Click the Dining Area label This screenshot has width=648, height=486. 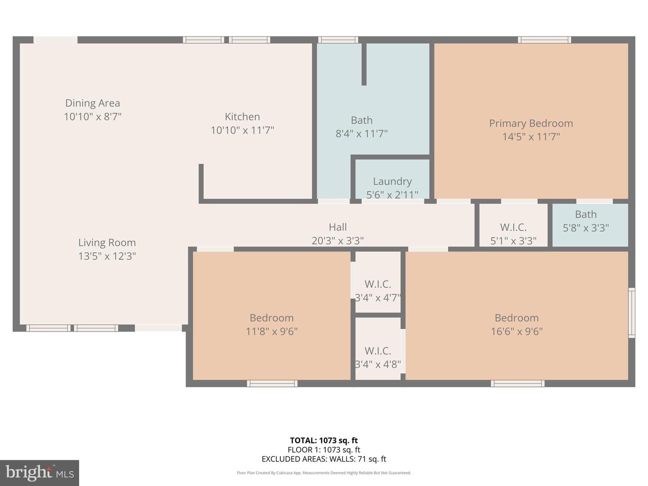(x=93, y=103)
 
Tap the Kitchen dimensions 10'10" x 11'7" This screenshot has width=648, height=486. (x=242, y=130)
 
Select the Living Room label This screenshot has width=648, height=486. (x=107, y=243)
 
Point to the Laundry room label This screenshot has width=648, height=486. (x=392, y=181)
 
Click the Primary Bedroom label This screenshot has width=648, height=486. (x=531, y=123)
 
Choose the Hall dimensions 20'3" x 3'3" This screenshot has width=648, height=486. (x=337, y=241)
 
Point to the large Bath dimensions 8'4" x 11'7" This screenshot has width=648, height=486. (x=361, y=134)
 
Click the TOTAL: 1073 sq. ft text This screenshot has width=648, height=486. (x=324, y=441)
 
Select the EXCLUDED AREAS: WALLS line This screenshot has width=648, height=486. (x=324, y=459)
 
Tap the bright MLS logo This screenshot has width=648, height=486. (x=40, y=472)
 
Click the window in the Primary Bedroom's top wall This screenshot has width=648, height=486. (x=544, y=40)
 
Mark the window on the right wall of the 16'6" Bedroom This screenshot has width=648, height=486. (x=631, y=313)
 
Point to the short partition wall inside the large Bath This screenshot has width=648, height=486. (x=364, y=64)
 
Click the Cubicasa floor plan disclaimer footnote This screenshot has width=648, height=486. (x=324, y=473)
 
